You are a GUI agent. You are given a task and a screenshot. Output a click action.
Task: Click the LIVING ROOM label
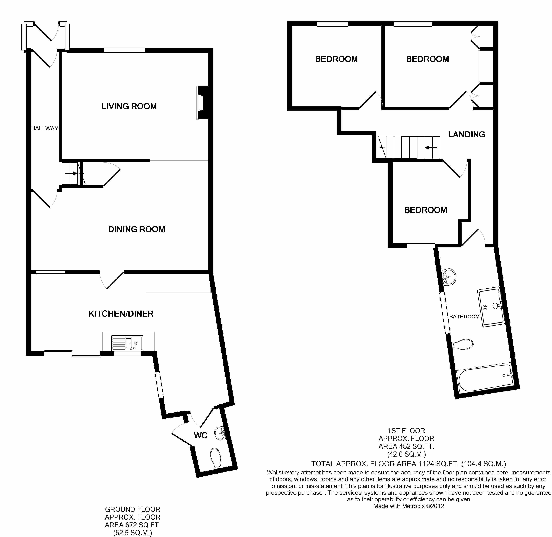(x=129, y=106)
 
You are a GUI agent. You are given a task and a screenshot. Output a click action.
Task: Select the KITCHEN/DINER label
(x=121, y=314)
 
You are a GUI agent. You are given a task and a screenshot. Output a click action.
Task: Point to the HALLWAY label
(x=45, y=128)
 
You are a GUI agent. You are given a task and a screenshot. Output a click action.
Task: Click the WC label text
(x=201, y=436)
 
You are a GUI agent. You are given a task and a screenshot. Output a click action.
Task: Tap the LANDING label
(x=467, y=134)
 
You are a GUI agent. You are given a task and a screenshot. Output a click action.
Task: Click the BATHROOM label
(x=464, y=317)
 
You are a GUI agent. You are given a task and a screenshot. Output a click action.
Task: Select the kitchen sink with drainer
(x=127, y=343)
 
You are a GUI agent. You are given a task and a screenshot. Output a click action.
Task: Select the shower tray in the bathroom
(x=491, y=307)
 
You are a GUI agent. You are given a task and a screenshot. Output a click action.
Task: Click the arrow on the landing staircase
(x=431, y=147)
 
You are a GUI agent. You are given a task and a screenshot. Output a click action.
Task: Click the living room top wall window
(x=124, y=50)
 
